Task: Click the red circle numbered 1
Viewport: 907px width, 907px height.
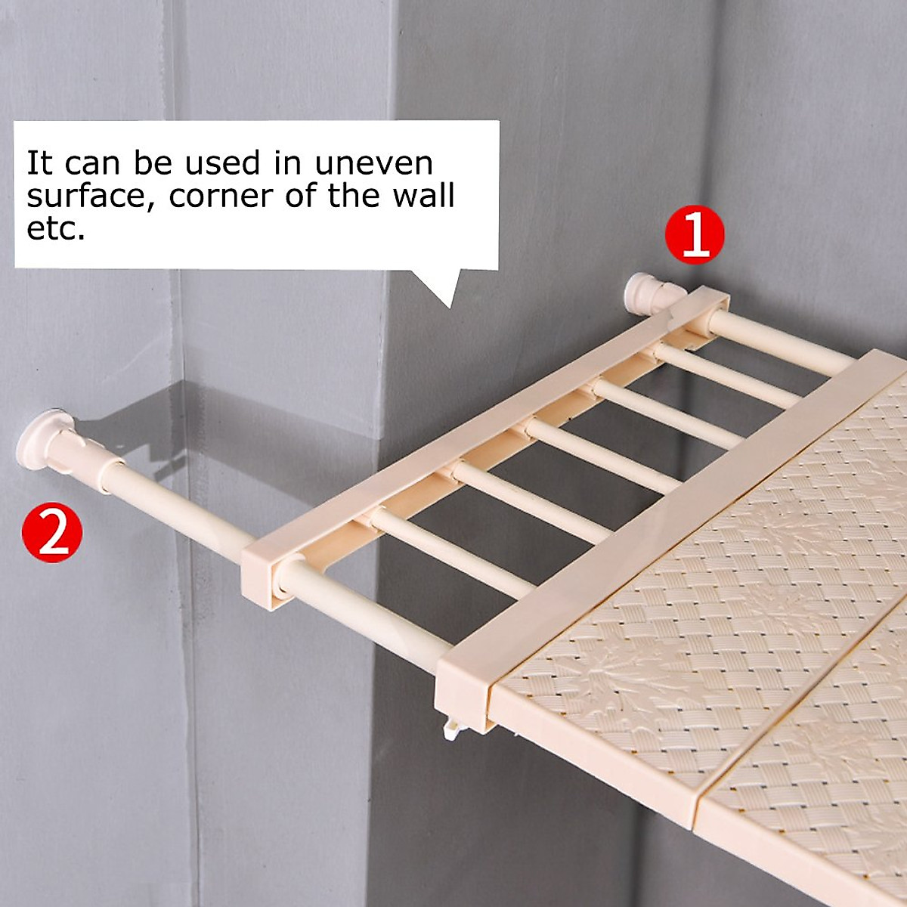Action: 695,234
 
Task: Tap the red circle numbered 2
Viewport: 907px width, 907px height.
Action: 52,532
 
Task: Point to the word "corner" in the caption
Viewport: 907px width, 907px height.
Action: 221,197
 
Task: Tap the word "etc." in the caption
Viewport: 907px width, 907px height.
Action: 56,228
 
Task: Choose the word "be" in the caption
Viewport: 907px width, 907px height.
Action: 150,163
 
